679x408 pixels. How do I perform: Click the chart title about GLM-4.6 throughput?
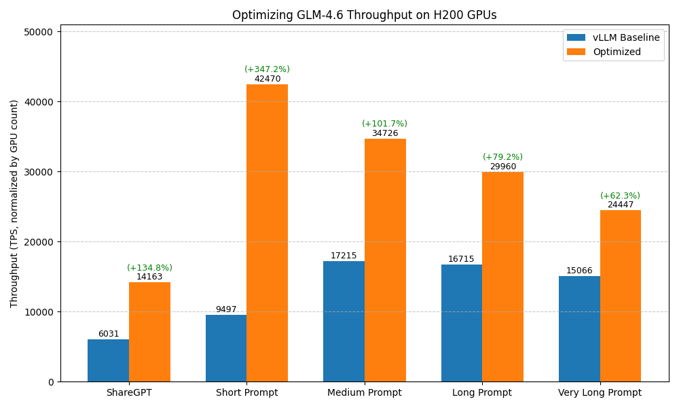[364, 15]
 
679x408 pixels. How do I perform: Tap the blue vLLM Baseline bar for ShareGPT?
[108, 360]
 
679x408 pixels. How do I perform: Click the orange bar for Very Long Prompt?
[620, 296]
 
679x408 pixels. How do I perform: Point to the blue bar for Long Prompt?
[461, 323]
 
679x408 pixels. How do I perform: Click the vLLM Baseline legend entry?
[613, 38]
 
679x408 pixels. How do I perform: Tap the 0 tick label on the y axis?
[51, 382]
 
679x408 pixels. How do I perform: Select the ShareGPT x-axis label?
[129, 393]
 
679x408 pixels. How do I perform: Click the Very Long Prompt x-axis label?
[600, 393]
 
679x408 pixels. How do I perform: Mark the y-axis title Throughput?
[14, 203]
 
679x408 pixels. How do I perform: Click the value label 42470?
[267, 79]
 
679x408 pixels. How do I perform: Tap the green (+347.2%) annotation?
[267, 69]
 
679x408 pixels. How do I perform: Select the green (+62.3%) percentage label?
[620, 196]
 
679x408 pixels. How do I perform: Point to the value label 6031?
[108, 334]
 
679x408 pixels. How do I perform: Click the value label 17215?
[344, 256]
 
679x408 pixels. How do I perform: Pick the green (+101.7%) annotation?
[384, 124]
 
